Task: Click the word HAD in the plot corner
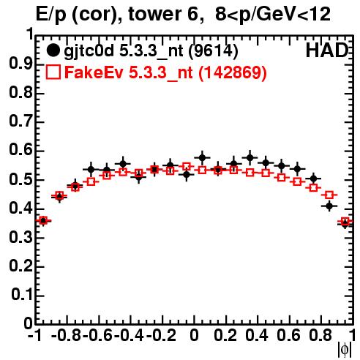[327, 50]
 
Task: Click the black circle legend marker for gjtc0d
[53, 50]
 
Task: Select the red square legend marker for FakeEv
[53, 72]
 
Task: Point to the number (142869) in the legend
[233, 72]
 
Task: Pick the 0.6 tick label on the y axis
[20, 150]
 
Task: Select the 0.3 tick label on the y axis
[20, 236]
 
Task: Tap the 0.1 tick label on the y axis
[21, 294]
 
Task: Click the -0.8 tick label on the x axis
[66, 335]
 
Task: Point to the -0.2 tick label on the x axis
[161, 335]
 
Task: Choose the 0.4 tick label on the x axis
[257, 335]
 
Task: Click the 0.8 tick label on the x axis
[320, 335]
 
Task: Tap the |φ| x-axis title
[345, 350]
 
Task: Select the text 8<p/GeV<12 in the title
[273, 15]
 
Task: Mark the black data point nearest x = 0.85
[329, 206]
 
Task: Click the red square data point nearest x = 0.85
[329, 195]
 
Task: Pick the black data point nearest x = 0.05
[202, 157]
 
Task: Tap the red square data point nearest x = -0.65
[91, 181]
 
